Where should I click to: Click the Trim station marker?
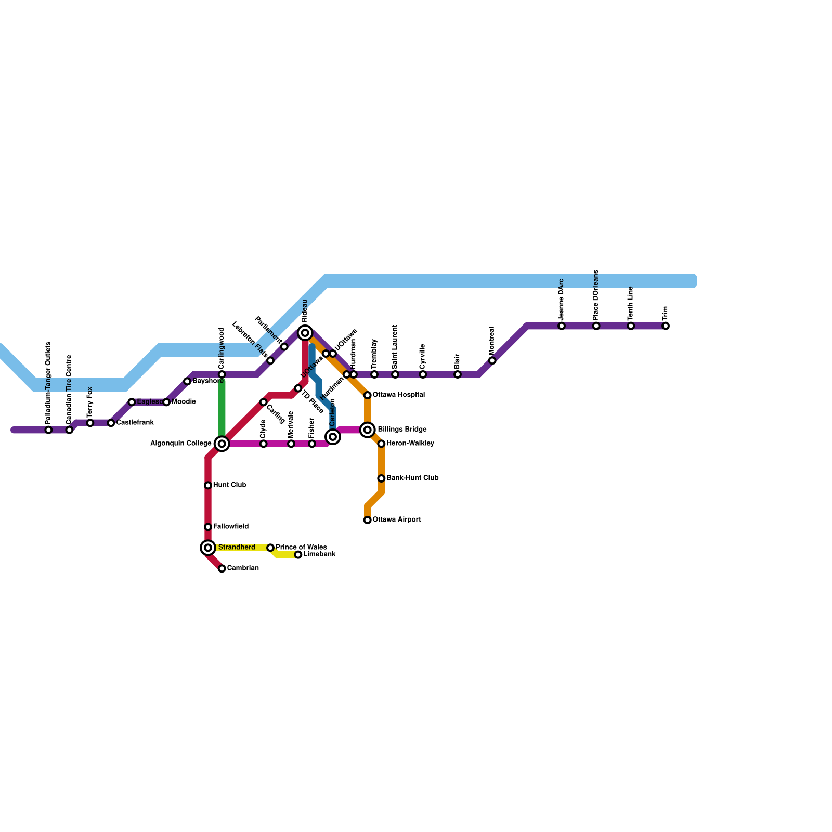(x=666, y=326)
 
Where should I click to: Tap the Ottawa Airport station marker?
(x=368, y=520)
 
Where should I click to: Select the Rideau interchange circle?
(x=305, y=333)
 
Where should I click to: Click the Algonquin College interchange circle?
(x=222, y=444)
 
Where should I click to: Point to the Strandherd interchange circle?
(x=208, y=548)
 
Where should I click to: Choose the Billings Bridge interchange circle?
(x=368, y=430)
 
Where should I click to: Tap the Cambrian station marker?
(x=222, y=568)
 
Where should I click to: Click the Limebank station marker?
(x=298, y=555)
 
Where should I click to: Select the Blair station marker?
(x=458, y=374)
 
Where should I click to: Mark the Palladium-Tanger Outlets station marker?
(x=48, y=430)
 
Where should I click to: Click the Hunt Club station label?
(x=229, y=485)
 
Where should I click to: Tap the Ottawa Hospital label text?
(x=399, y=395)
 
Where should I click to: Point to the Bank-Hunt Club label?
(x=412, y=478)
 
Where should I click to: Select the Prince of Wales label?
(x=301, y=547)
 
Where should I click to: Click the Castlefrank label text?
(x=135, y=423)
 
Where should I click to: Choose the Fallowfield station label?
(x=230, y=527)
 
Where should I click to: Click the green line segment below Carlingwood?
(x=222, y=408)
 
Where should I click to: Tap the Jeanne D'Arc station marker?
(x=562, y=326)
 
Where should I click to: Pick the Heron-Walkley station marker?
(x=381, y=444)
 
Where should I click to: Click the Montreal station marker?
(x=492, y=360)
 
